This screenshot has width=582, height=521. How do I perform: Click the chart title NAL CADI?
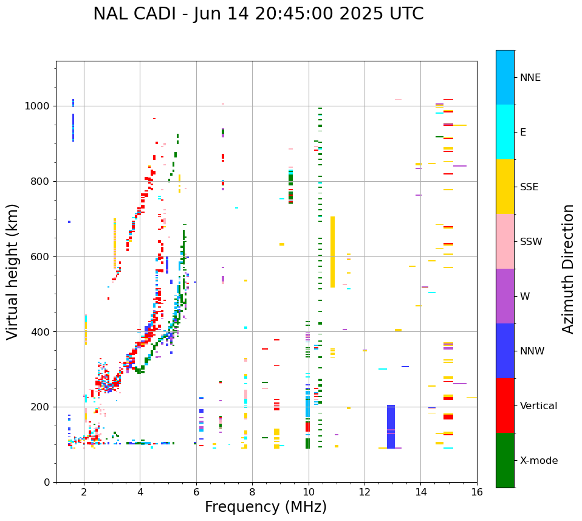(x=258, y=14)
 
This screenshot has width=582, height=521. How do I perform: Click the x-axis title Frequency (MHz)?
(x=265, y=507)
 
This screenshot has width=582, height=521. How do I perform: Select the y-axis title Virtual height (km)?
(x=13, y=271)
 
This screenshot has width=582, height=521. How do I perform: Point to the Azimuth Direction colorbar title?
(x=568, y=268)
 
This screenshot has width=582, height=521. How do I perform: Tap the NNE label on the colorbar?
(x=530, y=78)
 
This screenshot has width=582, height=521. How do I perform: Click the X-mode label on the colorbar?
(x=539, y=461)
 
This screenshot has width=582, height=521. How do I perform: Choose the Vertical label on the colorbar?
(x=538, y=406)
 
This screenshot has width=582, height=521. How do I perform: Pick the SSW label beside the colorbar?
(x=531, y=242)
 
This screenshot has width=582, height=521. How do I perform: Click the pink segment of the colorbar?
(x=505, y=241)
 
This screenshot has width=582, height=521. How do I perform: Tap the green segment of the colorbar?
(x=505, y=460)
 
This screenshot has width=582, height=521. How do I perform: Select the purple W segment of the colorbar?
(x=505, y=296)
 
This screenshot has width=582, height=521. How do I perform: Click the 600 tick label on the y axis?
(x=42, y=257)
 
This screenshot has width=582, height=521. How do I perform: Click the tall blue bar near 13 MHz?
(x=391, y=426)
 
